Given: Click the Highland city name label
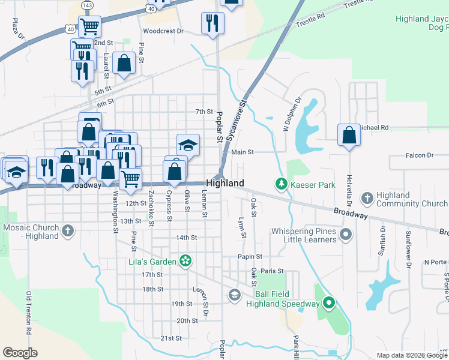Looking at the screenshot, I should pos(225,183).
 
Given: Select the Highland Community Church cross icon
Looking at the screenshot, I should pos(367,198).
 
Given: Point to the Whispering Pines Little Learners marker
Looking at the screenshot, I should pos(345,233).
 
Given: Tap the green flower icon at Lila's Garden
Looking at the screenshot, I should pos(186,261).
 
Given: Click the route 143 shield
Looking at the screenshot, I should pos(88,5).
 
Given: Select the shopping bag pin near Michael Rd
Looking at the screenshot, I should pos(349,136).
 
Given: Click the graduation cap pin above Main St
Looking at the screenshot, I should pos(188,145).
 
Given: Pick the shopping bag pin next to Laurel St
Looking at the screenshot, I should pos(124,64).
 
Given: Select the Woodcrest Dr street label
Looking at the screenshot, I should pos(163,31).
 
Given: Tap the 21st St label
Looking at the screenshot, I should pos(170,338).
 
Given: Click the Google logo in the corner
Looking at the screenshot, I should pos(20,353).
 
